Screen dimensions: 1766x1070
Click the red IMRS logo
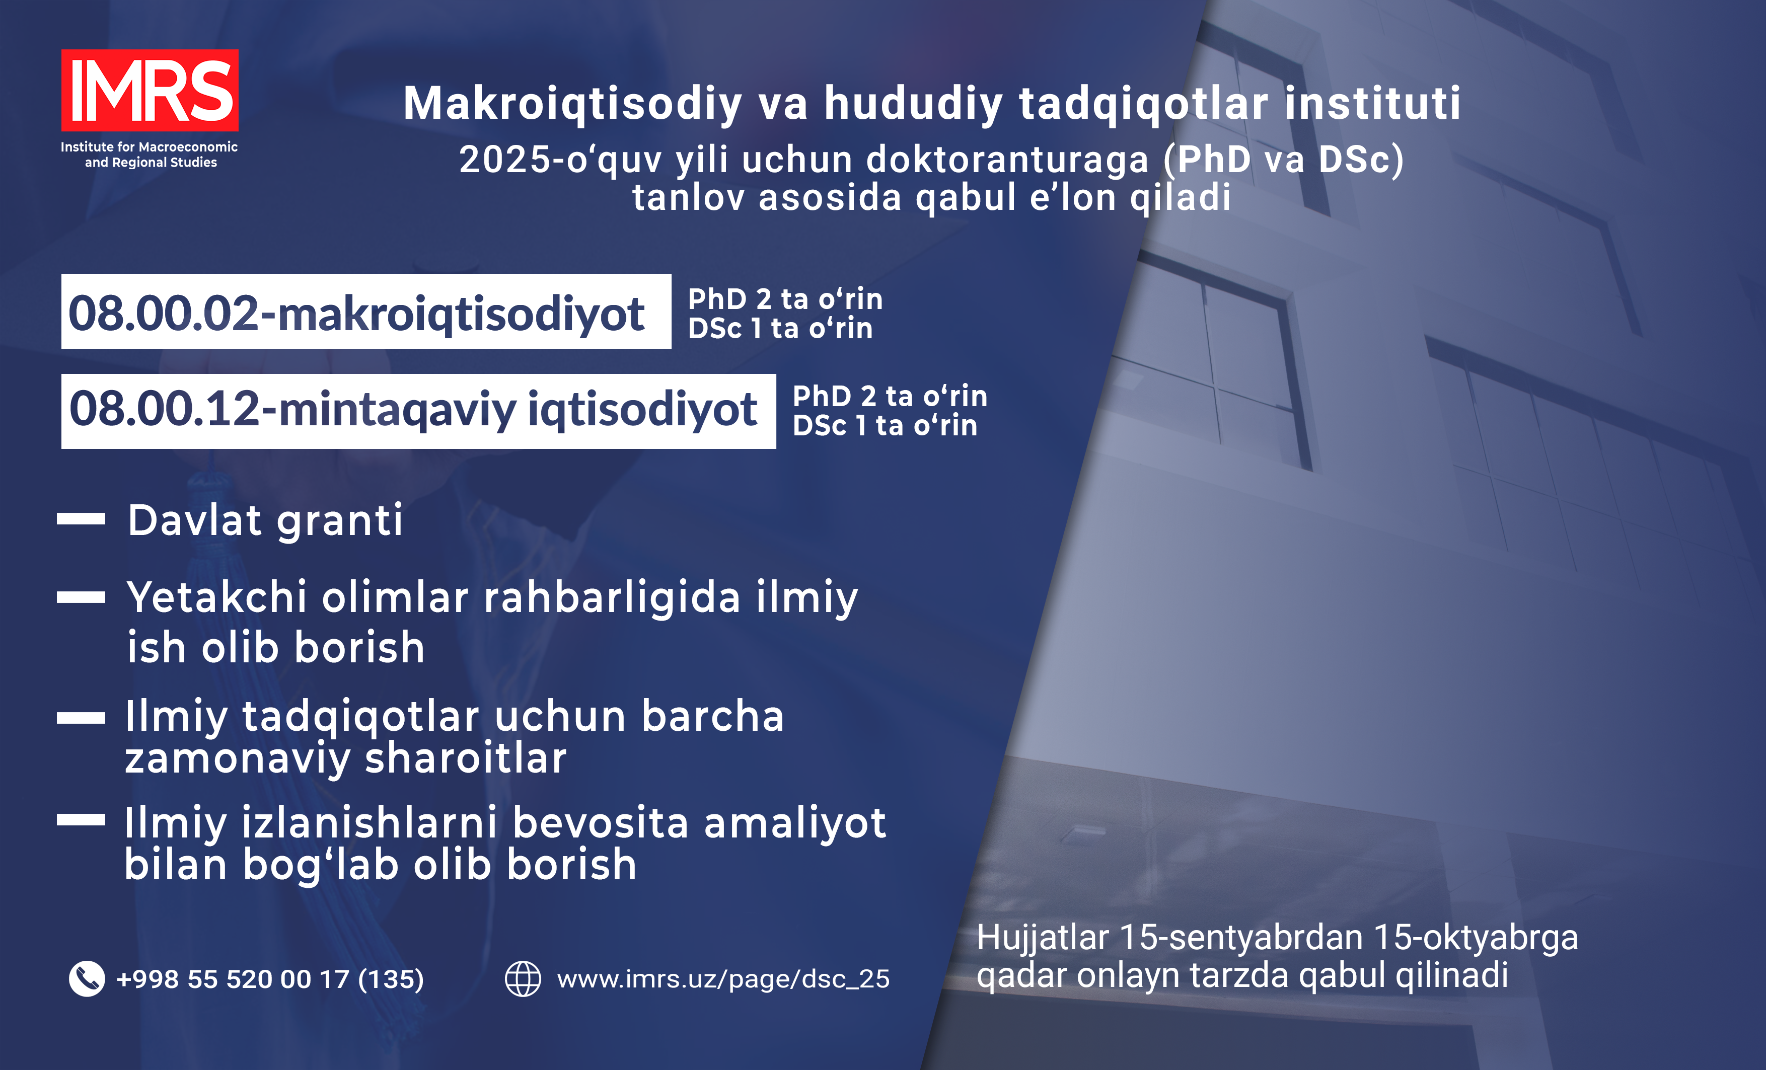(150, 90)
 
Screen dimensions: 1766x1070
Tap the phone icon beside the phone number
(87, 978)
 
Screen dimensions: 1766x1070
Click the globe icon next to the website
(523, 978)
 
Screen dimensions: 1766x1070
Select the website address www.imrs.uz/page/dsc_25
(723, 979)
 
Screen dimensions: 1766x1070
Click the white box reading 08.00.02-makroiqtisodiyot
(366, 311)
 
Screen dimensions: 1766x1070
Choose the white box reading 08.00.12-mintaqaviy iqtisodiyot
(418, 411)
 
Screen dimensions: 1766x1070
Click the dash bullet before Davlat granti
(81, 519)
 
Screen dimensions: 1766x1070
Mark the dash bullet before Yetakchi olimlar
(81, 597)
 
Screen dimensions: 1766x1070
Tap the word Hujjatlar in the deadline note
(1043, 939)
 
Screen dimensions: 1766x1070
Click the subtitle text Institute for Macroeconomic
(149, 147)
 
